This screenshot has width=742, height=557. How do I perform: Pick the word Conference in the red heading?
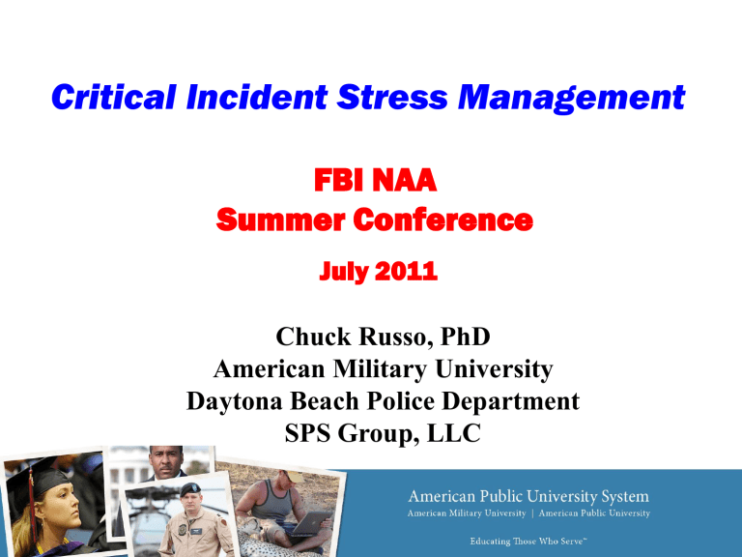[x=433, y=221]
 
